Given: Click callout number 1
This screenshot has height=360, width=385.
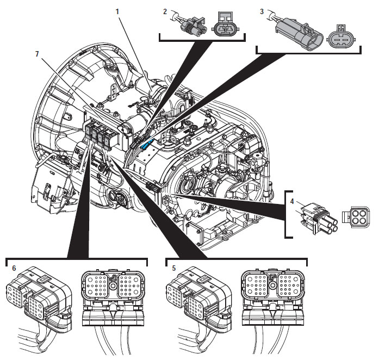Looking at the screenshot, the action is click(x=117, y=11).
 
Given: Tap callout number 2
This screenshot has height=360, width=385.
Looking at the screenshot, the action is click(x=165, y=11).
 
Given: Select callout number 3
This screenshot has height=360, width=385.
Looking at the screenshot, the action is click(x=262, y=11).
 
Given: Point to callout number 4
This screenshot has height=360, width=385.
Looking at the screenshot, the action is click(x=291, y=201).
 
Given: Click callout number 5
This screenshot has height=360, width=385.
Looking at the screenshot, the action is click(x=174, y=268).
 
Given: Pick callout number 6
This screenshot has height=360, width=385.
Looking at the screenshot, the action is click(x=14, y=268).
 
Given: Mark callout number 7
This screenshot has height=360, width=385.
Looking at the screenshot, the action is click(x=37, y=54).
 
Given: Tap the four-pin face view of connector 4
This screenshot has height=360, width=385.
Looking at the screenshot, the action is click(x=356, y=218).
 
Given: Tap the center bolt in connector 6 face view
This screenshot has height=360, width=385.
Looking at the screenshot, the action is click(x=113, y=285).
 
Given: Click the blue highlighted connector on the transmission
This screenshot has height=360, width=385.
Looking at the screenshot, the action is click(x=147, y=145).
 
